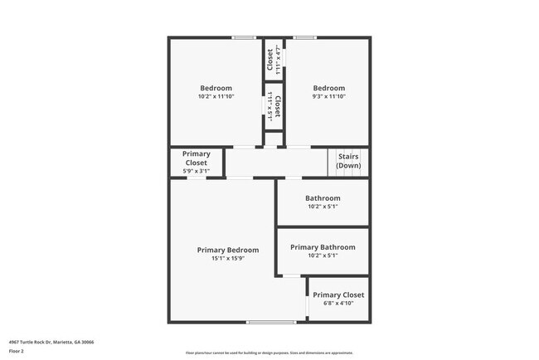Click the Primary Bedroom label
pos(227,250)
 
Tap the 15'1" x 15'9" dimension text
pos(227,259)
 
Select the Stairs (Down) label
pos(348,161)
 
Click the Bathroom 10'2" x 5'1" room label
pos(323,198)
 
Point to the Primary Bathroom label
pos(323,247)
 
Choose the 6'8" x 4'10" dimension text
pos(338,303)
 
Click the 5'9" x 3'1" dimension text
pos(197,171)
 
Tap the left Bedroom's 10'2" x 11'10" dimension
pos(216,96)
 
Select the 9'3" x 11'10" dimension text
pos(328,96)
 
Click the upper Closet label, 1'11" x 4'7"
pos(269,60)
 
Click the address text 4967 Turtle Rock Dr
pos(51,342)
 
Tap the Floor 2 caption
pos(17,351)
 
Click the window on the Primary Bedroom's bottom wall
pos(271,322)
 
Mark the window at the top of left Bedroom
pos(243,37)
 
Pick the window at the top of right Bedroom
pos(304,37)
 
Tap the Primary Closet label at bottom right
pos(338,294)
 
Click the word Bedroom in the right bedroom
pos(328,88)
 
